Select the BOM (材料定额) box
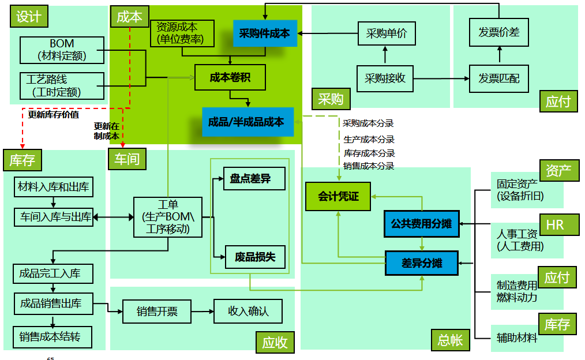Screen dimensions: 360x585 [x=62, y=50]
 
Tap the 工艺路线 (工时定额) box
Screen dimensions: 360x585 [x=62, y=85]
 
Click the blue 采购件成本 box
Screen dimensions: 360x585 [x=265, y=33]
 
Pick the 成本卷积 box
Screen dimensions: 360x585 [x=230, y=77]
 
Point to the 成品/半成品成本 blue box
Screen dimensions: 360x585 [x=247, y=122]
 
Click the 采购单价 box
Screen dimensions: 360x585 [x=386, y=33]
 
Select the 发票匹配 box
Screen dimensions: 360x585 [x=498, y=77]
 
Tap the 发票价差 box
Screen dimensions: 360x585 [x=498, y=33]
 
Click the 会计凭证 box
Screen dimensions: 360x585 [x=339, y=197]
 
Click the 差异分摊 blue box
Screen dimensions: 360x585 [x=421, y=263]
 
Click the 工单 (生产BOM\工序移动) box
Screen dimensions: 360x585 [x=168, y=217]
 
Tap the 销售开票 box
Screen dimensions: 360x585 [x=156, y=312]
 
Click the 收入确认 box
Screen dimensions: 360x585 [x=248, y=312]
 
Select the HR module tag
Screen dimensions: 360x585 [x=554, y=225]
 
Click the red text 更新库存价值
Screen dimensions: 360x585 [x=54, y=114]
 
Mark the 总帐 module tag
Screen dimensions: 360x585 [x=449, y=340]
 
